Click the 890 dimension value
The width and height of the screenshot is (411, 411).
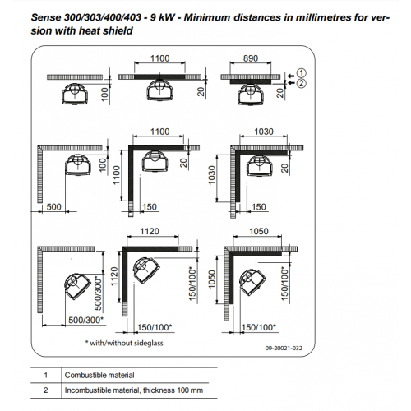pyautogui.click(x=251, y=58)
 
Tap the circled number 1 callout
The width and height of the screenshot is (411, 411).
pyautogui.click(x=302, y=73)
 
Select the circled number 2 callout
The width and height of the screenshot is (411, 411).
pyautogui.click(x=302, y=83)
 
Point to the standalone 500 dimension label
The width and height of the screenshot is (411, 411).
pyautogui.click(x=53, y=207)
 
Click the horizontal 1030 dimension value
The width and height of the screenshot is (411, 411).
pyautogui.click(x=264, y=132)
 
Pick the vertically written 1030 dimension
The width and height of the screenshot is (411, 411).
pyautogui.click(x=212, y=175)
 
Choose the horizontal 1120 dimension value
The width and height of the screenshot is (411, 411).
pyautogui.click(x=150, y=231)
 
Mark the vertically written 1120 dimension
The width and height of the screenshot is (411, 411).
pyautogui.click(x=114, y=276)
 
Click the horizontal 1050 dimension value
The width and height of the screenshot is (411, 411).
pyautogui.click(x=259, y=231)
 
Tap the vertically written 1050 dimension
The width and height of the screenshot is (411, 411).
pyautogui.click(x=212, y=279)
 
